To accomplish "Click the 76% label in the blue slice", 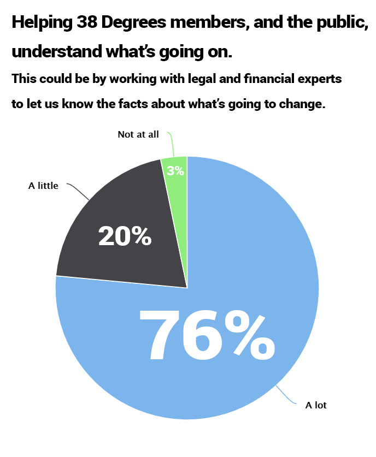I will point(207,335).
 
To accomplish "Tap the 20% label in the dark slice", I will point(125,236).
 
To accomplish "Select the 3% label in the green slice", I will point(175,171).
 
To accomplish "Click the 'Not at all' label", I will point(138,134).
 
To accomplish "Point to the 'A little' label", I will point(43,186).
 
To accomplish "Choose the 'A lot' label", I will point(316,405).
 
